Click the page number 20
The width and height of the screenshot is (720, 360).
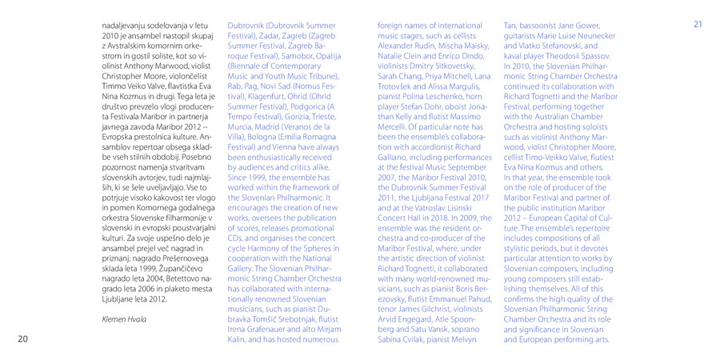pyautogui.click(x=23, y=339)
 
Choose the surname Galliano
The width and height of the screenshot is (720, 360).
pyautogui.click(x=394, y=160)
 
